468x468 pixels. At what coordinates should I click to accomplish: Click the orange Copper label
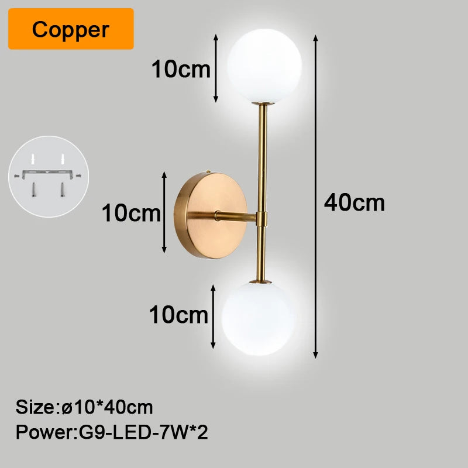coord(71,29)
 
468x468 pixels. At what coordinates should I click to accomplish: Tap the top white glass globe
coord(264,66)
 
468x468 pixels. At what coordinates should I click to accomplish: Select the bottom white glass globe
coord(259,318)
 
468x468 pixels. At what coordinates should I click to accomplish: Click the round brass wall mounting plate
coord(211,215)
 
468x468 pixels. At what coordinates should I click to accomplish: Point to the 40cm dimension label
coord(355,202)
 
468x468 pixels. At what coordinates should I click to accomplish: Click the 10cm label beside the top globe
coord(181,69)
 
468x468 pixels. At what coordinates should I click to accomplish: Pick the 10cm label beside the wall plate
coord(131,213)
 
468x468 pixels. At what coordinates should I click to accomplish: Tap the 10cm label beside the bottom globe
coord(178,315)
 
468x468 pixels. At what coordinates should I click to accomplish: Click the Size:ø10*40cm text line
coord(84,407)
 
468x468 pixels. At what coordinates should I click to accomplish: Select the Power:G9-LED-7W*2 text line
coord(112,432)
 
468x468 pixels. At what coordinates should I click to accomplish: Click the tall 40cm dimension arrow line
coord(315,197)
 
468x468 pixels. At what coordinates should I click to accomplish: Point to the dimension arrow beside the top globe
coord(216,68)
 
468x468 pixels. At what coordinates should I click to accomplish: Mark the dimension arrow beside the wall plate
coord(164,212)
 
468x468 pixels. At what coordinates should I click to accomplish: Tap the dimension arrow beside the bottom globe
coord(213,316)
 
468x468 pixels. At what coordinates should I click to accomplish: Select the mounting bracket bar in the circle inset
coord(47,174)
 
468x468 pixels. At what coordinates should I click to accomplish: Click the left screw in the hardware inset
coord(33,190)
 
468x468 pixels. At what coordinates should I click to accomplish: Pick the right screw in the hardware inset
coord(63,190)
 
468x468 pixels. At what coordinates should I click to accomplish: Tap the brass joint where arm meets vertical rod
coord(261,218)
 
